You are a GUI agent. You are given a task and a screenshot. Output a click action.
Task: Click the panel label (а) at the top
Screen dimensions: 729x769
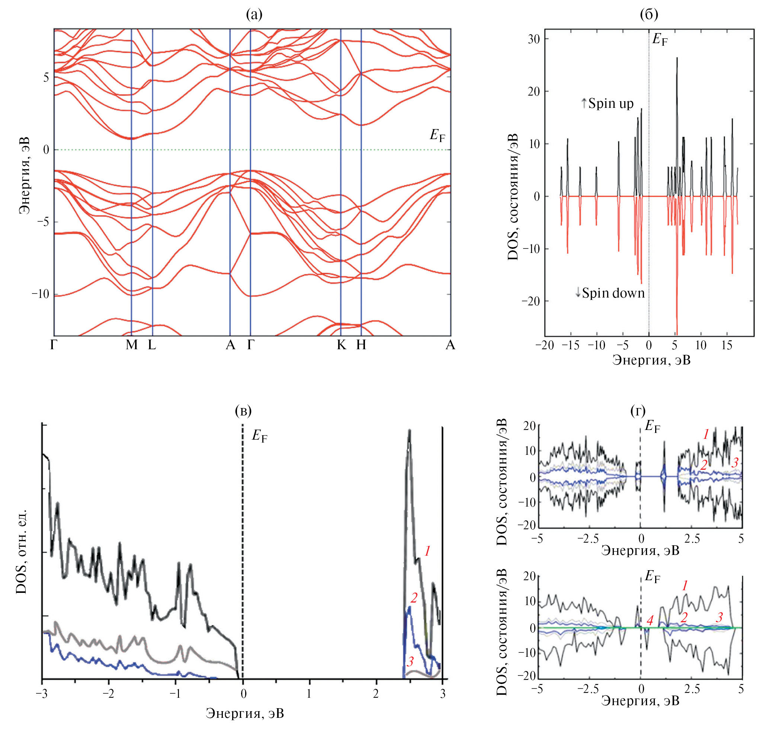point(254,15)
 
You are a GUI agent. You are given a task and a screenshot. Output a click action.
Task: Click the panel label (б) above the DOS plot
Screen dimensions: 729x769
point(649,15)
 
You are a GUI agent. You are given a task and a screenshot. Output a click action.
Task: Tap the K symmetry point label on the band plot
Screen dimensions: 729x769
point(341,345)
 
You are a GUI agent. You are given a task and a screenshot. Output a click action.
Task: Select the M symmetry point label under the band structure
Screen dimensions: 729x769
point(132,345)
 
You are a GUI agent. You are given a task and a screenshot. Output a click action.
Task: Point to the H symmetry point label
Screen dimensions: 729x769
point(361,345)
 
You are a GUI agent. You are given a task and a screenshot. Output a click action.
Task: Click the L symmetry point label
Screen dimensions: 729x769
point(152,345)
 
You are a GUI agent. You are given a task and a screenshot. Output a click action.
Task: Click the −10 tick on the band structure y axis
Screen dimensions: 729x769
point(41,294)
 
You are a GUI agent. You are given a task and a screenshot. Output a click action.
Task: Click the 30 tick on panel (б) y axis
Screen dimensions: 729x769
point(534,39)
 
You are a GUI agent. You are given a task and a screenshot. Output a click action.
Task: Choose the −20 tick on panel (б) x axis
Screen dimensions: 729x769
point(544,345)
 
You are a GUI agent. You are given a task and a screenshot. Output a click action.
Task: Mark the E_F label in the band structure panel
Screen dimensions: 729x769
point(437,135)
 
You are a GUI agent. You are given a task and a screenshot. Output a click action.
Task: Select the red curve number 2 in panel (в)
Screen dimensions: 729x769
point(414,598)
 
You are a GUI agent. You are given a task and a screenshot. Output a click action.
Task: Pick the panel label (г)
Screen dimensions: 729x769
point(638,410)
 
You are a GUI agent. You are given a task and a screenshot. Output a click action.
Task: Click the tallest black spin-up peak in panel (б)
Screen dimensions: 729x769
point(677,58)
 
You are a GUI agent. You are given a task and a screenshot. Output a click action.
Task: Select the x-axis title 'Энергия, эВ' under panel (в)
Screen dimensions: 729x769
point(244,713)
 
